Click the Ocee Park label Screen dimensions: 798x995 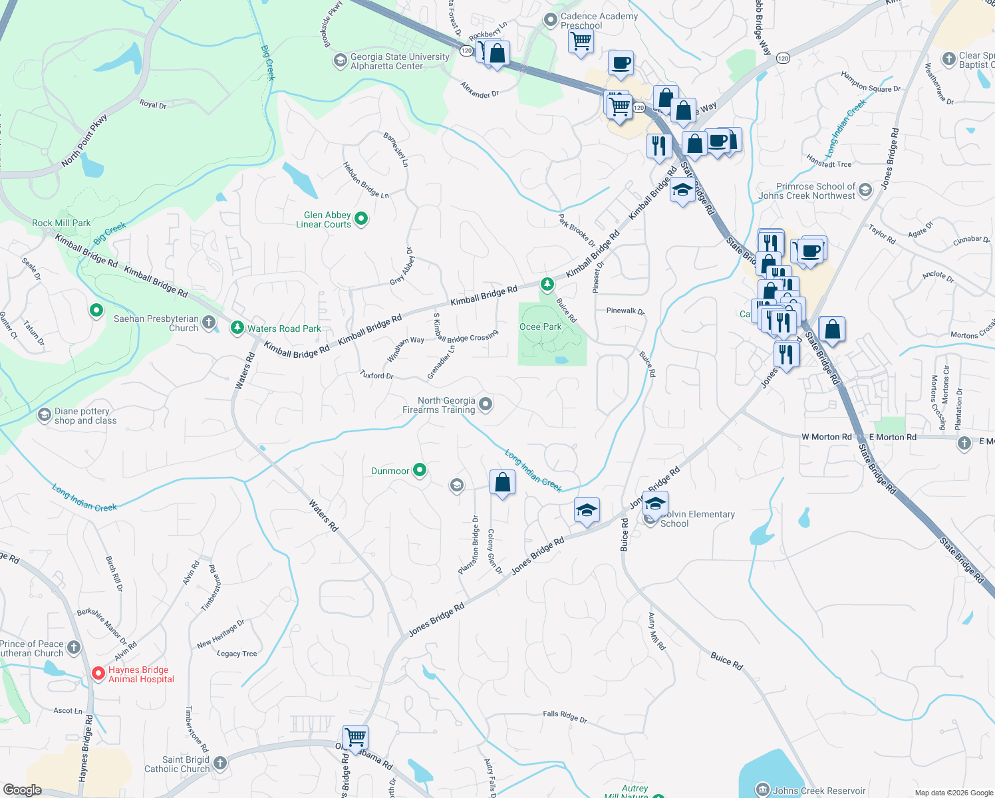[540, 327]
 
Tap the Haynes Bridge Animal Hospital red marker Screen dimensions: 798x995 [98, 674]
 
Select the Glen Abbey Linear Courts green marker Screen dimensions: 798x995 [361, 218]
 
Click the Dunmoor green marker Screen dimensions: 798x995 [419, 471]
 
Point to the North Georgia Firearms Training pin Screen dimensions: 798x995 [486, 404]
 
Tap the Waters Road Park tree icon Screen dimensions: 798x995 [237, 328]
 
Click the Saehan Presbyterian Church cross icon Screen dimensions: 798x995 [209, 323]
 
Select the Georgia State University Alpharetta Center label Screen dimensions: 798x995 [400, 62]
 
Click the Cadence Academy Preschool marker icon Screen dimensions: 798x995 [551, 21]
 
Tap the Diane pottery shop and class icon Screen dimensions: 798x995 [45, 416]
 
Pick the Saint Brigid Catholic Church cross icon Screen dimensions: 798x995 [220, 763]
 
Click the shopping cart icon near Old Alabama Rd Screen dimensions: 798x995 [356, 737]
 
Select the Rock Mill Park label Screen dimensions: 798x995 [61, 223]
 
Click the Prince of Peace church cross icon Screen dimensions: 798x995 [74, 647]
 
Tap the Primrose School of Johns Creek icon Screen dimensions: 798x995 [865, 191]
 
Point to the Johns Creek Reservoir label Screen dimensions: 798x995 [819, 791]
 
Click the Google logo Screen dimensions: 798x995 [22, 790]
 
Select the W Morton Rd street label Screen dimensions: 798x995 [826, 437]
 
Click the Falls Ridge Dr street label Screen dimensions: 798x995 [565, 716]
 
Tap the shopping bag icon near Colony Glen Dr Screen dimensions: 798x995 [502, 482]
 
